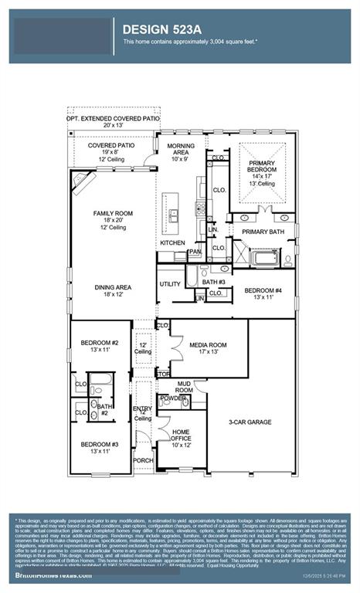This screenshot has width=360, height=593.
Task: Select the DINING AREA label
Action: pos(113,287)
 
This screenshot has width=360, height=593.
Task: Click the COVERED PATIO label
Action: pos(111,145)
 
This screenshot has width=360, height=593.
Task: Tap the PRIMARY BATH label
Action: pos(263,232)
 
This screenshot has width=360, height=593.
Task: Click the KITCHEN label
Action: pos(172,243)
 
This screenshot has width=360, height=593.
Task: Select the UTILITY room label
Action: pos(170,284)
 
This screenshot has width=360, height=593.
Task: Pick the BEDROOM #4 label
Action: pos(263,291)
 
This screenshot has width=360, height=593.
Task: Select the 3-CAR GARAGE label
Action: pos(250,422)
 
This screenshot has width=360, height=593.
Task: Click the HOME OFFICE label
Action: pos(182,436)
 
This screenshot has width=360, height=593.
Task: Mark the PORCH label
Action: pos(143,461)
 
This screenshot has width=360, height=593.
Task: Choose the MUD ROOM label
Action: pos(184,385)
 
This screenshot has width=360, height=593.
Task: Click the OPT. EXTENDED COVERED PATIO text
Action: pos(113,119)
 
